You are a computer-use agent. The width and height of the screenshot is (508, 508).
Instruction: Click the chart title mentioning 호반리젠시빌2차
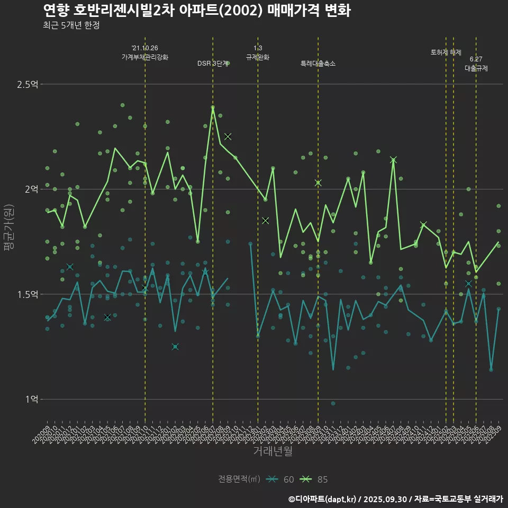196,11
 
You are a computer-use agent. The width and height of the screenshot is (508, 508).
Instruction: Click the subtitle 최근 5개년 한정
71,25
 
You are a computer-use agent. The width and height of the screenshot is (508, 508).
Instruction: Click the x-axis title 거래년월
273,451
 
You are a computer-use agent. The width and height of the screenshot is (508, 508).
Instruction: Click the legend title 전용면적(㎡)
239,479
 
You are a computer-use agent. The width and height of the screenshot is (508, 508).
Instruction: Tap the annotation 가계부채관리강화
145,57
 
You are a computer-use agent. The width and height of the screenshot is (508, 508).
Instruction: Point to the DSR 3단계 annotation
212,63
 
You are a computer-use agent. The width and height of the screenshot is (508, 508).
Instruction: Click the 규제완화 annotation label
258,57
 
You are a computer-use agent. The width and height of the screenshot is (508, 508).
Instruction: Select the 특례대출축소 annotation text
317,63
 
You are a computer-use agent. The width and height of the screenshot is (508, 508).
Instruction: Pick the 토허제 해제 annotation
446,52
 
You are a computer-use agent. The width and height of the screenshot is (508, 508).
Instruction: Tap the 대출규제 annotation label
476,68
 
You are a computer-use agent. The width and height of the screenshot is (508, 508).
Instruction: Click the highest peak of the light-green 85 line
213,107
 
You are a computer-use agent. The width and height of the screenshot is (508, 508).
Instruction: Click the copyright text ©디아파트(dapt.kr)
323,499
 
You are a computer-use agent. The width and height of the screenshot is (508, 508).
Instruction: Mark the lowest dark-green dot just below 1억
333,403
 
